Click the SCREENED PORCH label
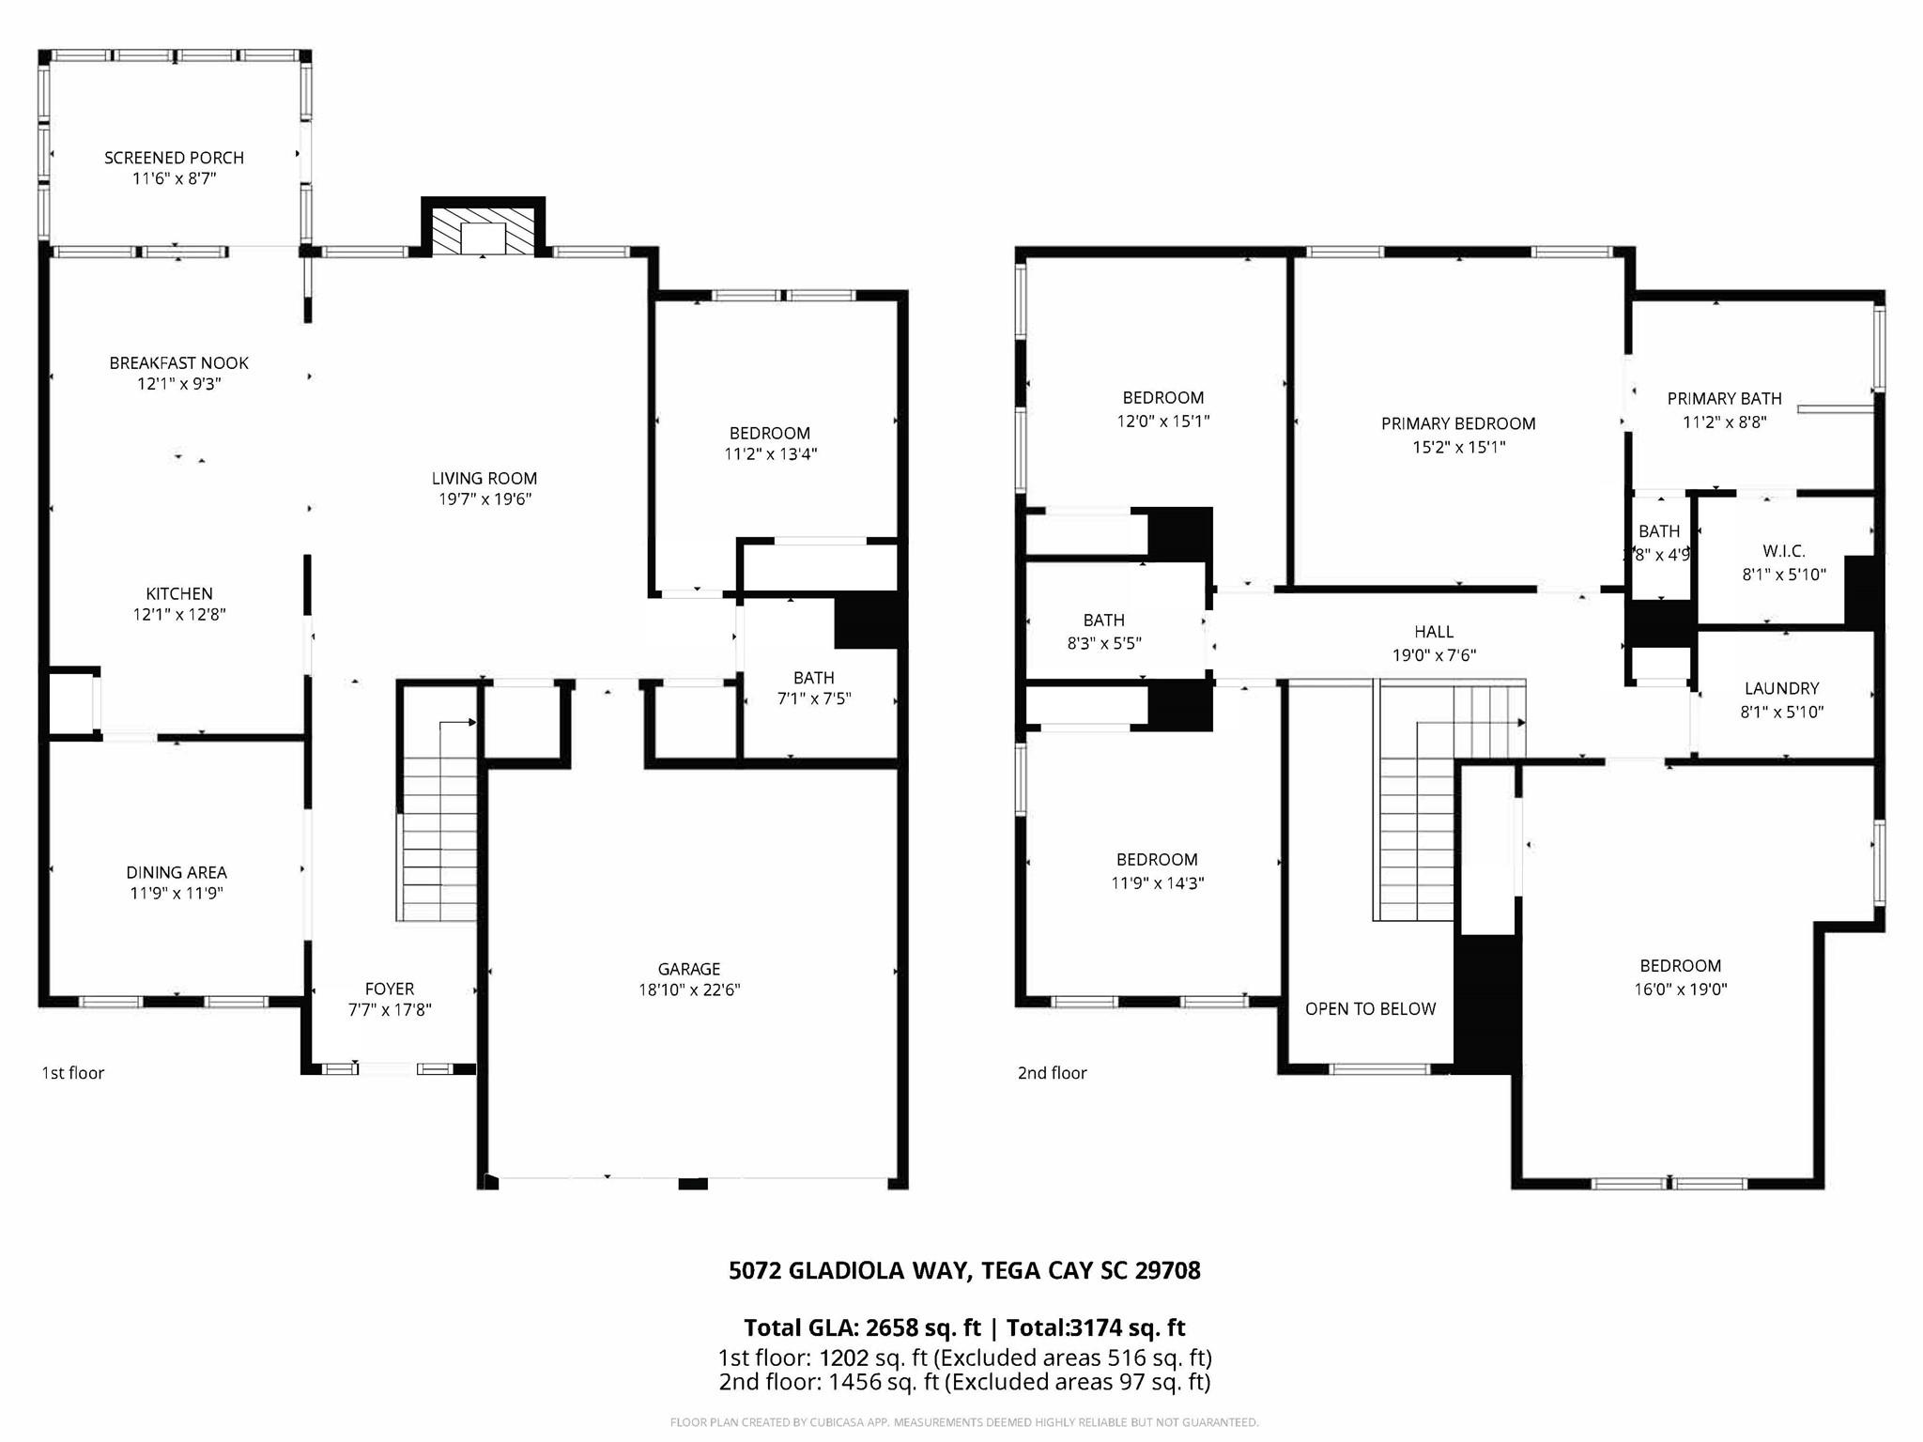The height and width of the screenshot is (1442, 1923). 174,158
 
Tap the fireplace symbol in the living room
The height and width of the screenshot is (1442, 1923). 483,230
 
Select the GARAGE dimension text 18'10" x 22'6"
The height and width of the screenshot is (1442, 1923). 689,989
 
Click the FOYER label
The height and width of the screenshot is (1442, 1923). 389,989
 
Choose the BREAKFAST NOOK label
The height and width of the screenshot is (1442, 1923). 178,363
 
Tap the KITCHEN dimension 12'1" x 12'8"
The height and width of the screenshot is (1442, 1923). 178,615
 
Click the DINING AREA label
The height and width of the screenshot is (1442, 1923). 177,872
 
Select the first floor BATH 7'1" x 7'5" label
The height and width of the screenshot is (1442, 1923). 813,678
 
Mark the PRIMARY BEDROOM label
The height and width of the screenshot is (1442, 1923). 1458,423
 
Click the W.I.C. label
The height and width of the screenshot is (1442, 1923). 1783,551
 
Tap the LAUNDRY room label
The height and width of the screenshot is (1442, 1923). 1781,688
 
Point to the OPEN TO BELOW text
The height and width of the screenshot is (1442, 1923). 1370,1009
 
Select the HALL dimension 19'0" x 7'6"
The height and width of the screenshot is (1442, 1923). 1434,655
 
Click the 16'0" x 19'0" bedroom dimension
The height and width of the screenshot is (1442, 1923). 1680,989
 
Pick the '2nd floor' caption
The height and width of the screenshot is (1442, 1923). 1052,1073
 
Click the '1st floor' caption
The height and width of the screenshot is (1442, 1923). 72,1073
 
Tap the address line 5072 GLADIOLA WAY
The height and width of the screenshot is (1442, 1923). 964,1271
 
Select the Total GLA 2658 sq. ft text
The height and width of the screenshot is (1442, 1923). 861,1328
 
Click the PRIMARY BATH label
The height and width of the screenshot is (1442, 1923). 1724,399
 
